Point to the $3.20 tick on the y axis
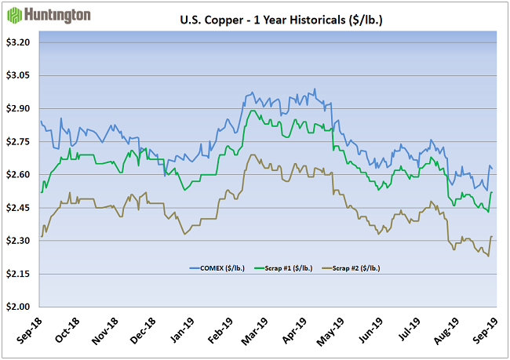(16, 42)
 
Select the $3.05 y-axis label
(16, 75)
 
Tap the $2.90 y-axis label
(16, 108)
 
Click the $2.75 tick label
(16, 141)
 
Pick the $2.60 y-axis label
(16, 174)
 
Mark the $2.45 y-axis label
(16, 208)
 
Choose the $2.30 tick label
(16, 241)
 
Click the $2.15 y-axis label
(16, 274)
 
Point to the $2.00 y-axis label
(16, 307)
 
